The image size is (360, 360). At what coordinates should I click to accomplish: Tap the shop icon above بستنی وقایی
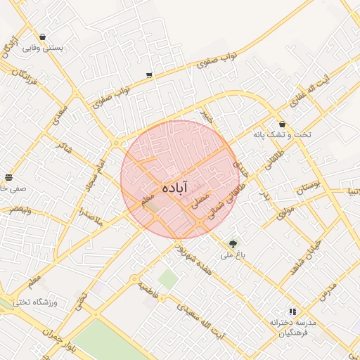point(43,37)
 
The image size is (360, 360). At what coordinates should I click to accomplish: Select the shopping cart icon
point(149,75)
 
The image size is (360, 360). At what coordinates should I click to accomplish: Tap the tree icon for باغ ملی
point(232,243)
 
